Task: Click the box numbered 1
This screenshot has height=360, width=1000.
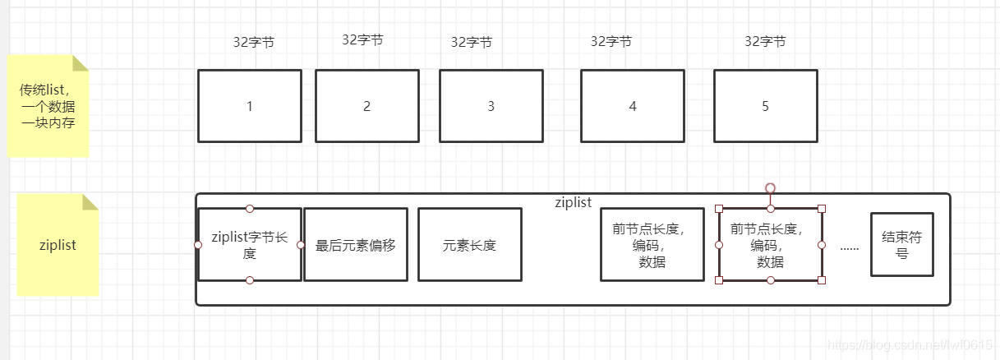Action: pos(250,106)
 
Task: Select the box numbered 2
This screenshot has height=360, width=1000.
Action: pos(366,106)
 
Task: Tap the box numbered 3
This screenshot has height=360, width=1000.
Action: pos(491,106)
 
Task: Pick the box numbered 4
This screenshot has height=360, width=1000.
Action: pos(632,106)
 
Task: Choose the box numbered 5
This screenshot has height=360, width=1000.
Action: pos(765,106)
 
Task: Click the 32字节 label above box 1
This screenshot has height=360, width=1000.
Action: pos(253,43)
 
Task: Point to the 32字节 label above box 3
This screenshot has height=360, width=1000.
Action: pos(471,43)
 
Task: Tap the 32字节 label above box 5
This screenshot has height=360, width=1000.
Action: pos(765,41)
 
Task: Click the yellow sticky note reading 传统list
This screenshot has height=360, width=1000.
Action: pos(48,106)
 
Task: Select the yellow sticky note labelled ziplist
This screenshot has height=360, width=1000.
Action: pos(58,245)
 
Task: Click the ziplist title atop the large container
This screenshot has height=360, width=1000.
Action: pos(573,202)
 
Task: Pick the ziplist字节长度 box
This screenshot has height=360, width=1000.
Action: pos(250,245)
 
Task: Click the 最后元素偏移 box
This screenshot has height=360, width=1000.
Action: pos(356,245)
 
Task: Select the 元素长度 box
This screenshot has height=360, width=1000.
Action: pos(469,245)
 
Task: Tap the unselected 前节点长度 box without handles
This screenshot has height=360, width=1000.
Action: pos(652,245)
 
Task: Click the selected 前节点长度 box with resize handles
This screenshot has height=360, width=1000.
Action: pos(770,245)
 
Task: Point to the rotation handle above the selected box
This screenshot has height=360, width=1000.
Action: pos(770,188)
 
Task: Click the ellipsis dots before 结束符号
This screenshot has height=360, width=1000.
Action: pos(849,246)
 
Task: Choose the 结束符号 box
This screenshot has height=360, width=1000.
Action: pos(901,245)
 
